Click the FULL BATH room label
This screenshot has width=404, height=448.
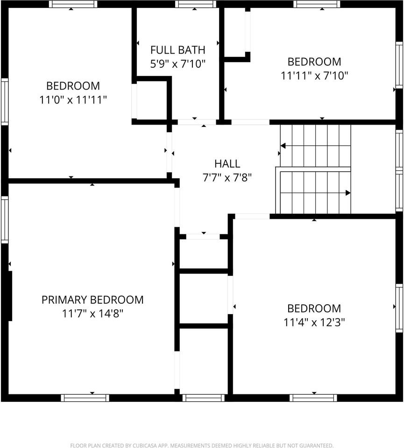177,49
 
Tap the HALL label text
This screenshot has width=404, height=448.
227,163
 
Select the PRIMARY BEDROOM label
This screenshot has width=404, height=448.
92,300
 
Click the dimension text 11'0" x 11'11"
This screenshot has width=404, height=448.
73,100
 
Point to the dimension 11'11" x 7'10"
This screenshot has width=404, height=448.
314,76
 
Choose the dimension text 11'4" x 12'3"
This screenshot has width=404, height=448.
314,322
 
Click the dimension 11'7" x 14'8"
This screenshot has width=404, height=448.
92,314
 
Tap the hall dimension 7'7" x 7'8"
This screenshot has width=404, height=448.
227,177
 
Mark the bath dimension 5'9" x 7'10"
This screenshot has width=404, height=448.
177,63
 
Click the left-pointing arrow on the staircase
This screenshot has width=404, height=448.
283,146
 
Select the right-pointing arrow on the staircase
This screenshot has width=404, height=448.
347,192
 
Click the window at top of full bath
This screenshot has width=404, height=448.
196,4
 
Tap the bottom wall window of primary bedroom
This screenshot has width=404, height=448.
85,398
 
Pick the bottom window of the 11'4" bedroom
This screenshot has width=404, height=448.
313,398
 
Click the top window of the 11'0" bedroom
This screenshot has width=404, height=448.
73,4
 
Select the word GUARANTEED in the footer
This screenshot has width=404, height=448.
316,446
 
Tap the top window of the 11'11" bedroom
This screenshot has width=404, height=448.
317,4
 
